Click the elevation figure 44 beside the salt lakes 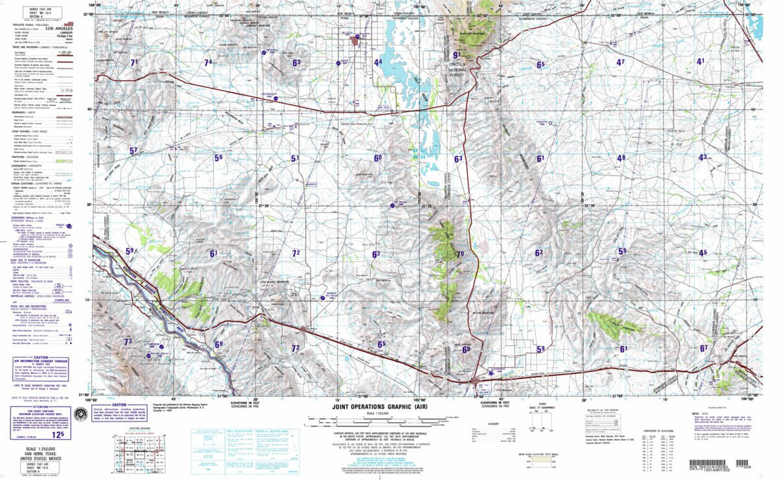tap(378, 62)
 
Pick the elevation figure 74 tap(208, 62)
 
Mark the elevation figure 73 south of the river tap(128, 342)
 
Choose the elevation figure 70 tap(459, 254)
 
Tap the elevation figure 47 tap(620, 62)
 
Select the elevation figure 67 tap(704, 348)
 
